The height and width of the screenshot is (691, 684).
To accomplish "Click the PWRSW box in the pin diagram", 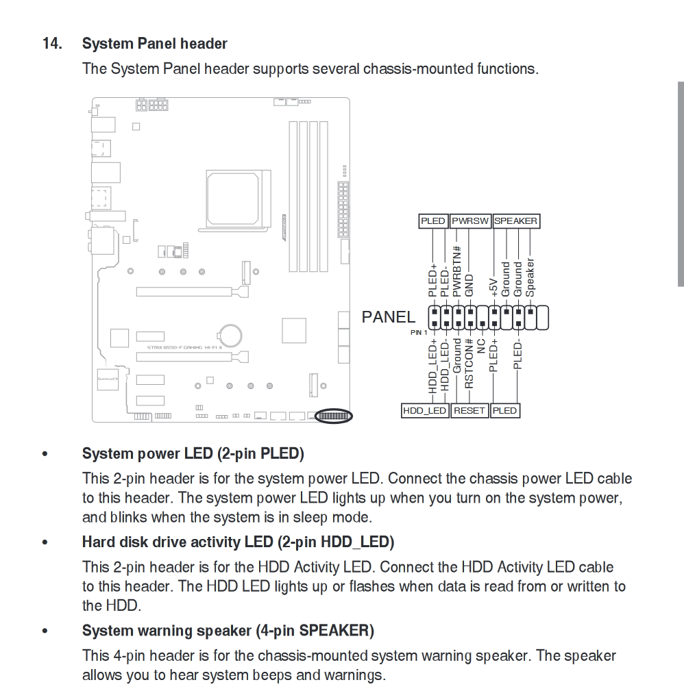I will click(470, 221).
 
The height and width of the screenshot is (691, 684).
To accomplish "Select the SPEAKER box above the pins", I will click(516, 221).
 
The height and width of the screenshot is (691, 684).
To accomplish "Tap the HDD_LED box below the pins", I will click(425, 410).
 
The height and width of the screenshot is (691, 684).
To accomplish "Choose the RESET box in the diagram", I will click(469, 410).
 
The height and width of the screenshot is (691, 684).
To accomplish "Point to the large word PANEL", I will click(388, 317).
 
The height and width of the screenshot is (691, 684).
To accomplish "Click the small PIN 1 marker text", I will click(419, 333).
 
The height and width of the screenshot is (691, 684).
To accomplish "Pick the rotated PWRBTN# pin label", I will click(457, 271).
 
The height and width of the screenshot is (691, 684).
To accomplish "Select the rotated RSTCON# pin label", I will click(469, 364).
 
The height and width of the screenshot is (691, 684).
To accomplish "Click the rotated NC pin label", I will click(480, 345).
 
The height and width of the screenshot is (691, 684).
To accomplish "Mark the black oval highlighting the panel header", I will click(334, 416).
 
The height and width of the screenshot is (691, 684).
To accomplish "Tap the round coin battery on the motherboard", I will click(230, 335).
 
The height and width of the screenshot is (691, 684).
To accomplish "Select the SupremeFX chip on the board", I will click(108, 377).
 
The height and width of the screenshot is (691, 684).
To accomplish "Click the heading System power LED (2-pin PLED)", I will click(193, 453).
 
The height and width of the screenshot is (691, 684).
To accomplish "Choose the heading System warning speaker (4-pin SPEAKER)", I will click(228, 630).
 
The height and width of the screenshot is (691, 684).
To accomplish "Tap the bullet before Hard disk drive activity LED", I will click(45, 542).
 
